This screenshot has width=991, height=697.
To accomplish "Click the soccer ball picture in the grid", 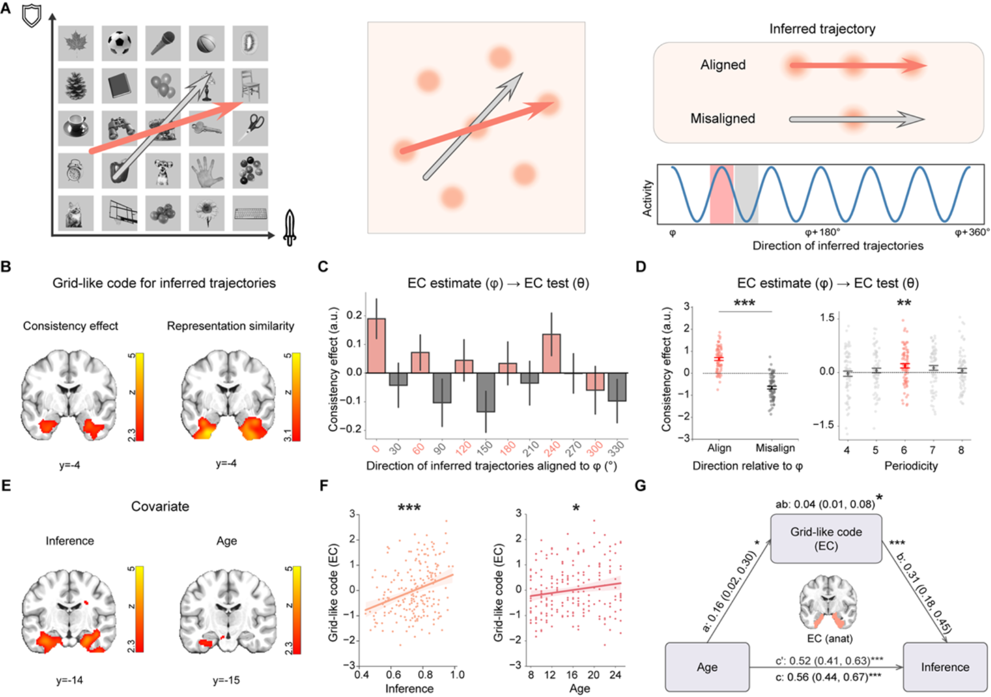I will (120, 43).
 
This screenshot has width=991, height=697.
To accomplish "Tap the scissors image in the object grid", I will (251, 127).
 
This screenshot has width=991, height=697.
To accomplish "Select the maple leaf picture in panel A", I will (76, 43).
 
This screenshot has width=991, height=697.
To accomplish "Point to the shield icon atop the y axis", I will (31, 15).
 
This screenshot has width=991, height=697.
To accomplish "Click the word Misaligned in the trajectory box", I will (722, 119).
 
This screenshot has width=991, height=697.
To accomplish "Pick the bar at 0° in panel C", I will (376, 345).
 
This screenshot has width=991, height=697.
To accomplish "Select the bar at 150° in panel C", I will (485, 392).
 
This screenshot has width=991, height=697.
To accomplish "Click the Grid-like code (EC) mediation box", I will (826, 538).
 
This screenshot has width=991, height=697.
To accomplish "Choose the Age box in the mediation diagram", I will (707, 667).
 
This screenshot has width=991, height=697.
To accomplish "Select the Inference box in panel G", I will (945, 667).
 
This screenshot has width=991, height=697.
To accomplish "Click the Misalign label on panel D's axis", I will (775, 448).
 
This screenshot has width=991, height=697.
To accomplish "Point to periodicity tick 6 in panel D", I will (904, 450).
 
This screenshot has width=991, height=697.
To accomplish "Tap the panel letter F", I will (324, 486).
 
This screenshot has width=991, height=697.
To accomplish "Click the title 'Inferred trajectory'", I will (822, 29).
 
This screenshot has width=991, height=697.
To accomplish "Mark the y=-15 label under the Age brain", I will (226, 680).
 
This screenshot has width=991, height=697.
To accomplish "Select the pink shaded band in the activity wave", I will (721, 195).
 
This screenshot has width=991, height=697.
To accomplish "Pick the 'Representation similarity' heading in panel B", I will (230, 326).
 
